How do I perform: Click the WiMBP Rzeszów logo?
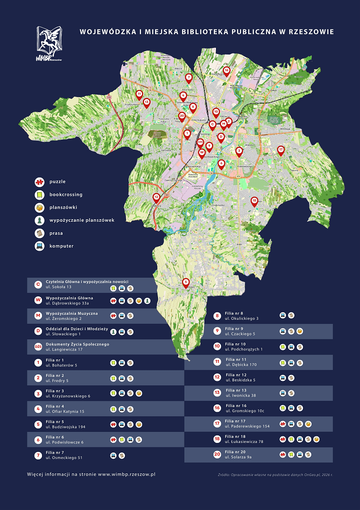coord(48,45)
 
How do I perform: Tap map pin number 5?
coord(186,282)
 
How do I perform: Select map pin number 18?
coord(254,201)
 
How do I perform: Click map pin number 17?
coord(280,150)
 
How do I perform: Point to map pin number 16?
coord(226,71)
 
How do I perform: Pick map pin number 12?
coord(156,197)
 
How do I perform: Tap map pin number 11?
coord(139,94)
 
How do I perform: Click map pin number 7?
coord(188,78)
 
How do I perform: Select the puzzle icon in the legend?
coord(39,181)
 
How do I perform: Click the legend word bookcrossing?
coord(65,194)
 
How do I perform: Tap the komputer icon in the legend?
coord(39,246)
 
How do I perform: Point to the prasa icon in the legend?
coord(39,233)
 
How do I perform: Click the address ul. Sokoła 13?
coord(58,288)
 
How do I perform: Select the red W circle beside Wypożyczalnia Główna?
coord(37,301)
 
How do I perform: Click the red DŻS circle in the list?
coord(37,347)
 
